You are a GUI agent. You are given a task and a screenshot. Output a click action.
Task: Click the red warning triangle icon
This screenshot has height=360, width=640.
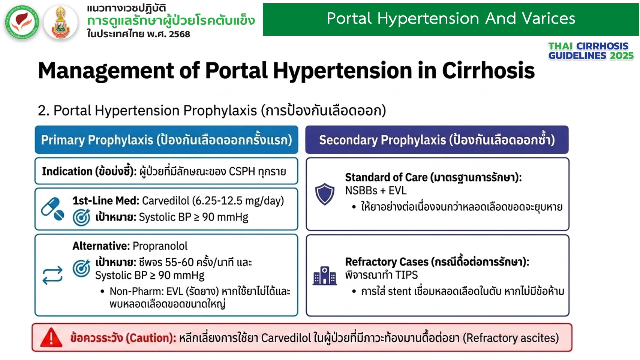pyautogui.click(x=51, y=338)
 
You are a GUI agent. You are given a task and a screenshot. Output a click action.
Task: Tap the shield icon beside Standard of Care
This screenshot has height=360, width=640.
pyautogui.click(x=325, y=194)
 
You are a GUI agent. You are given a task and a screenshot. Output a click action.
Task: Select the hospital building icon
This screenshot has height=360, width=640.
pyautogui.click(x=325, y=276)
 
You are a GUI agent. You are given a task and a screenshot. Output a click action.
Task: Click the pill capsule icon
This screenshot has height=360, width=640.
pyautogui.click(x=52, y=209)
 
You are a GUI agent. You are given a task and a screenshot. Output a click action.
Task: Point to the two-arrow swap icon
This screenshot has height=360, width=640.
pyautogui.click(x=52, y=275)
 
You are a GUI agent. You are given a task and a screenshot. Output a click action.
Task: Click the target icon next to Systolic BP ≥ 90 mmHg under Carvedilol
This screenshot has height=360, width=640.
pyautogui.click(x=81, y=217)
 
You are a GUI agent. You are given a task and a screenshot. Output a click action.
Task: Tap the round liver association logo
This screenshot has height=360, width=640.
pyautogui.click(x=22, y=22)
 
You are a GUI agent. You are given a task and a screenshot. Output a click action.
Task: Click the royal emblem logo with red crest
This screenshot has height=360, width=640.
pyautogui.click(x=61, y=22)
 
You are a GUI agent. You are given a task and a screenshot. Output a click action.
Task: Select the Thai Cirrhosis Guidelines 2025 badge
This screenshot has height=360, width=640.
pyautogui.click(x=591, y=51)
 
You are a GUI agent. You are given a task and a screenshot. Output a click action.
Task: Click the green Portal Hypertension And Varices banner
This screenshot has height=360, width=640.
pyautogui.click(x=451, y=19)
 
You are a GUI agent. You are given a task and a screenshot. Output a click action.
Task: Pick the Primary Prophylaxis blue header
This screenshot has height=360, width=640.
pyautogui.click(x=166, y=140)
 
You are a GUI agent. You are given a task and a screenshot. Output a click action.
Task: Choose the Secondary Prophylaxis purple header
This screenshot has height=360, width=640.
pyautogui.click(x=437, y=140)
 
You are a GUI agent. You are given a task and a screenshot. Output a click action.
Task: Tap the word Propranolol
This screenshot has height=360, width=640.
pyautogui.click(x=160, y=246)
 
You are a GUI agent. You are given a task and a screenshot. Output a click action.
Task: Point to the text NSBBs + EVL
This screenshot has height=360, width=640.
pyautogui.click(x=375, y=190)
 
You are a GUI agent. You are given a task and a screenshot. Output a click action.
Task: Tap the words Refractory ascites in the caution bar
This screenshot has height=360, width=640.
pyautogui.click(x=511, y=338)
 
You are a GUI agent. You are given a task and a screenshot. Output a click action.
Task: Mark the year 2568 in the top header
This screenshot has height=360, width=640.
pyautogui.click(x=180, y=34)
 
